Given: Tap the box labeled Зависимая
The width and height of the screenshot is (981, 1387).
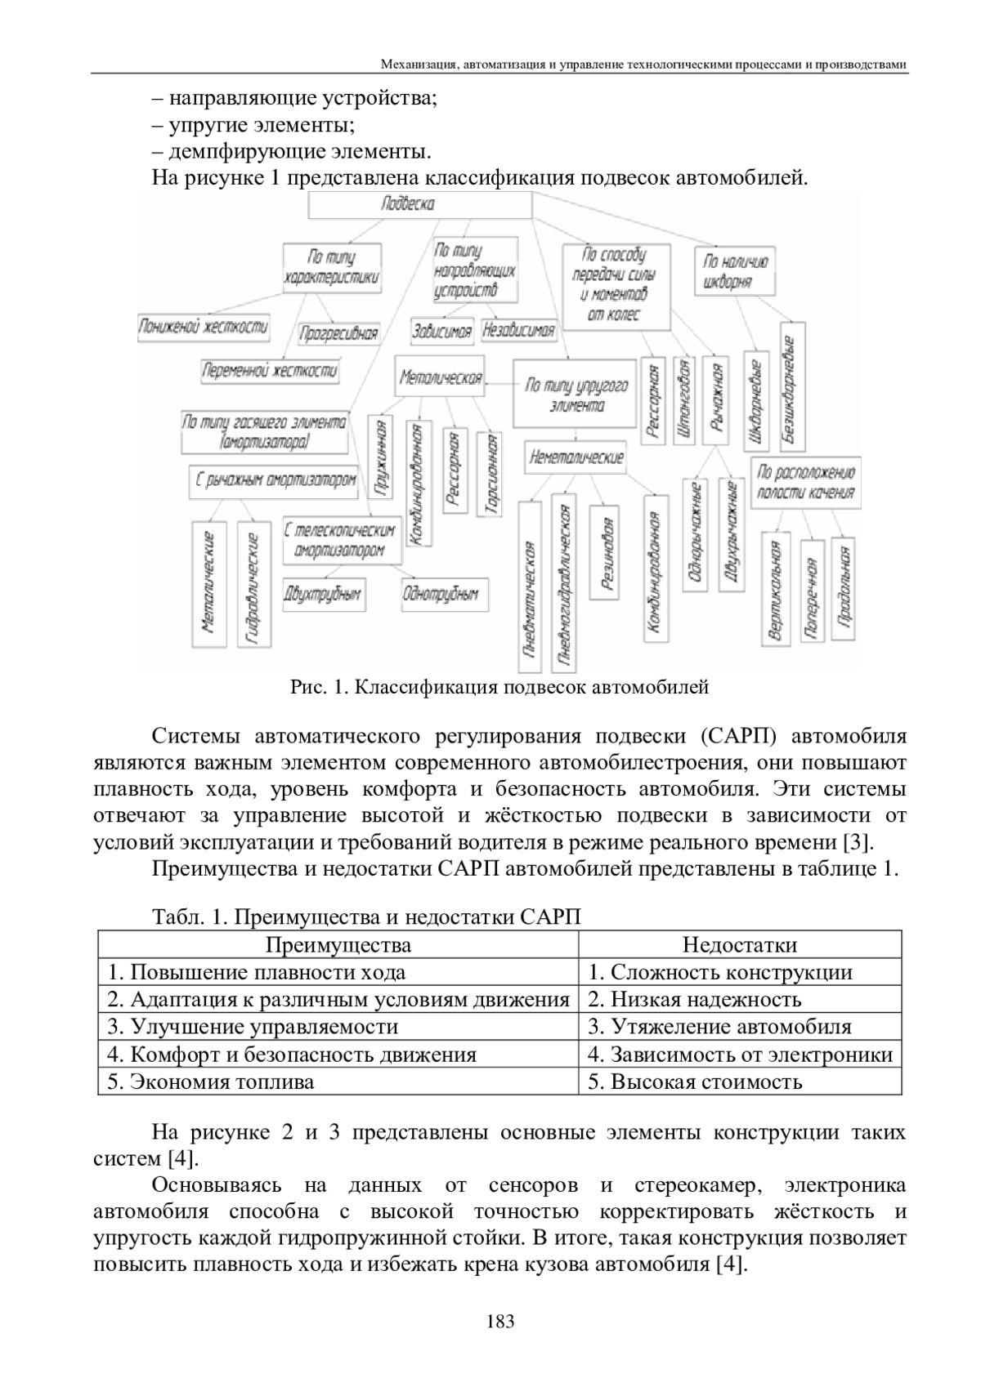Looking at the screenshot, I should (441, 331).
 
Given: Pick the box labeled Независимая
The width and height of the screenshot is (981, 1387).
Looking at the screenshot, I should (519, 331).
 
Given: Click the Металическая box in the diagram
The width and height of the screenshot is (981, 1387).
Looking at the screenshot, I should (440, 377).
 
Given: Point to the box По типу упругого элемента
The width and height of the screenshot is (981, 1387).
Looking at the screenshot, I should (576, 395).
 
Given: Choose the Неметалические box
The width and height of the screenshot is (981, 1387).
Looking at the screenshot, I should (576, 457).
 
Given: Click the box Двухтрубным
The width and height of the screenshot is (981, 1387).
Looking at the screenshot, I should (322, 595).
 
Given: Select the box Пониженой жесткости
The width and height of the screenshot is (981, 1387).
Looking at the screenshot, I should (204, 328).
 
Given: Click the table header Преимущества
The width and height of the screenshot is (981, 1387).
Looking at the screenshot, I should (338, 945).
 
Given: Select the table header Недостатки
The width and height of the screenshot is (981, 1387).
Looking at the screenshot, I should (739, 945).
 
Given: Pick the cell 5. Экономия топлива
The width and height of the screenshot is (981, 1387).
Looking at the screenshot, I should (211, 1082).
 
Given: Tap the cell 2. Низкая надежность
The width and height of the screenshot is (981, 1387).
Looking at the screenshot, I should (695, 1000).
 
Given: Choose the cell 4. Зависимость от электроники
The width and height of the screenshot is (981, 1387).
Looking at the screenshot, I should (740, 1055).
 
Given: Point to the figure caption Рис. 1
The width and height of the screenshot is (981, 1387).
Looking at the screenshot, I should (499, 687).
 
